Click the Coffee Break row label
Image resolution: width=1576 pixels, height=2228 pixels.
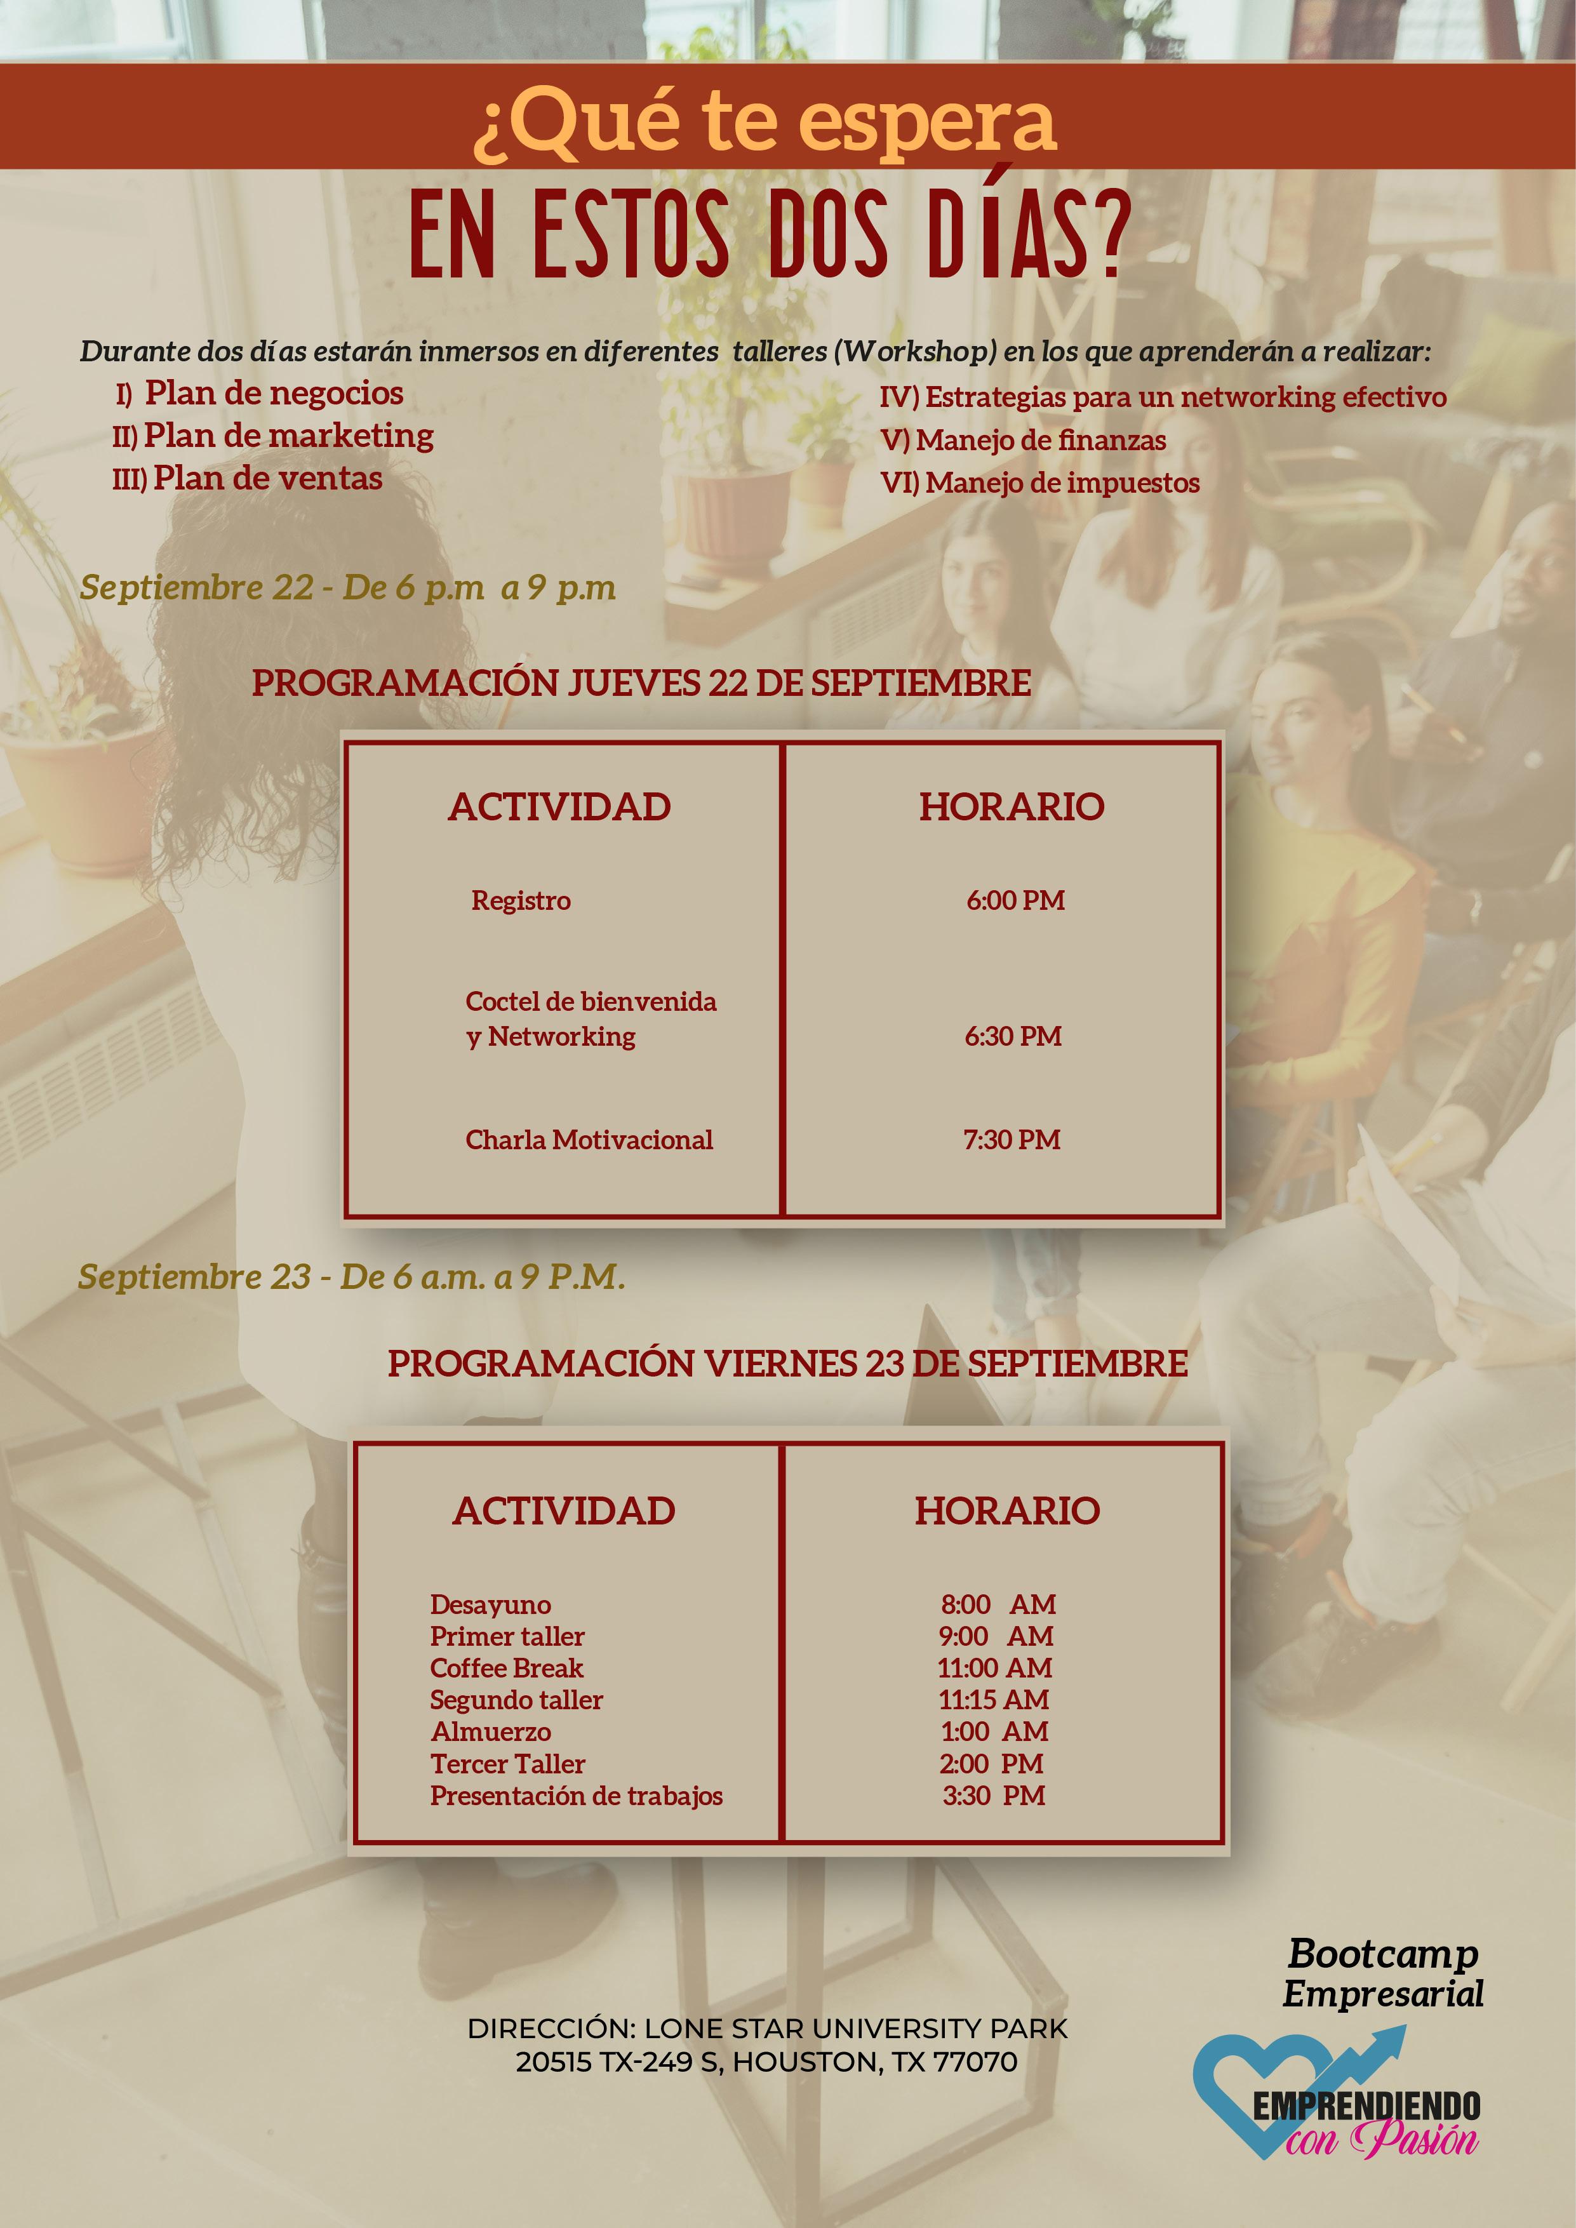pos(507,1668)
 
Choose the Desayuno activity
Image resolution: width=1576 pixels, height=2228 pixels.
pos(490,1605)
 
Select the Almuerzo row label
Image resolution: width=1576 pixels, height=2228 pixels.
pos(490,1732)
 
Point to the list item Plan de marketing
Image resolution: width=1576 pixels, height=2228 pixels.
pos(288,436)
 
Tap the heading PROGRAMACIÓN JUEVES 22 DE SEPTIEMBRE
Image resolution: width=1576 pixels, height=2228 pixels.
pos(641,683)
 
